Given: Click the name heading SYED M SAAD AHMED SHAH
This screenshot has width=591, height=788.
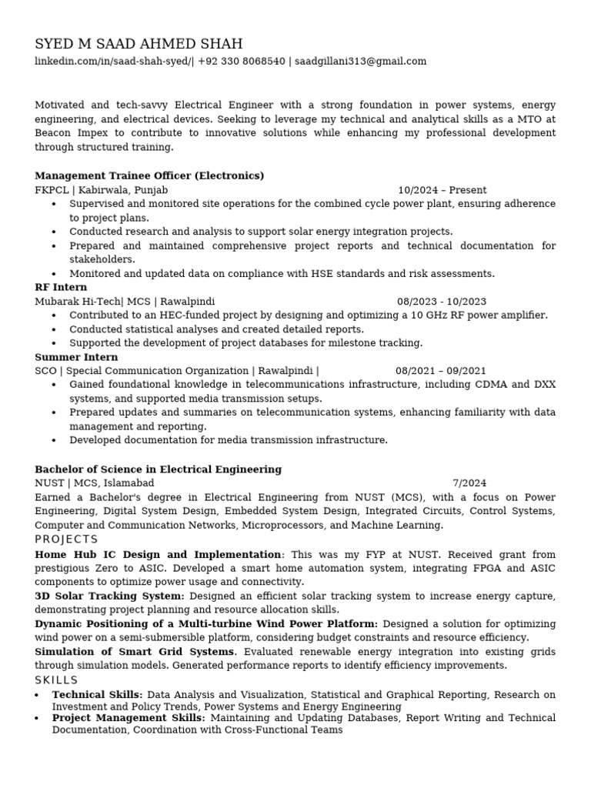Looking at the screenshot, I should coord(139,43).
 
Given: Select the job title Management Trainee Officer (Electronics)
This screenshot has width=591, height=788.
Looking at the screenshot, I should coord(149,175).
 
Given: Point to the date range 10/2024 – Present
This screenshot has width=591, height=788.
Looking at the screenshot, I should coord(442,190).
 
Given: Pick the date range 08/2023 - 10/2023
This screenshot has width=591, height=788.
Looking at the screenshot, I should coord(442,302).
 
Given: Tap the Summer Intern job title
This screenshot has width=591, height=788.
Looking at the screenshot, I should coord(76,357).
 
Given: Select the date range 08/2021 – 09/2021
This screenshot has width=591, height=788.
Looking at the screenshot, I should coord(441,371).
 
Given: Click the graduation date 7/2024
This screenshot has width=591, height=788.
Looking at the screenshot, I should coord(469,483).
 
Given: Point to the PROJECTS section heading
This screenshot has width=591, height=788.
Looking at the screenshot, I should coord(66,539).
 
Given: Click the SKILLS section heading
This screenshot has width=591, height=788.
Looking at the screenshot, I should coord(56,680).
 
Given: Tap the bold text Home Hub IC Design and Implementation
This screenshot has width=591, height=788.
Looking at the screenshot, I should coord(158,554).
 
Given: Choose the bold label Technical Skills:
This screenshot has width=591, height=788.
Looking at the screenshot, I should coord(97,695).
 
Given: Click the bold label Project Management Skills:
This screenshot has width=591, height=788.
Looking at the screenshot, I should coord(129,718).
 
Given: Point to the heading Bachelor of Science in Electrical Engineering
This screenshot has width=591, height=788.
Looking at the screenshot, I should coord(158,469).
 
